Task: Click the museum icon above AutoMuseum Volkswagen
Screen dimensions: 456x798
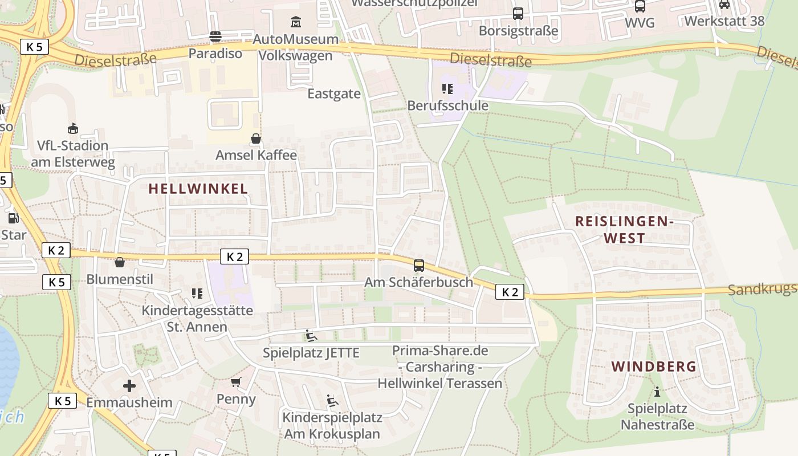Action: click(x=296, y=22)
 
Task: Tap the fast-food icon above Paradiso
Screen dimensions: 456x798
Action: click(x=215, y=36)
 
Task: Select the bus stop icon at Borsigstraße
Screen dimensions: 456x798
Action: click(x=518, y=14)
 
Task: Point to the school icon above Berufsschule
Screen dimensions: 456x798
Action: click(x=447, y=89)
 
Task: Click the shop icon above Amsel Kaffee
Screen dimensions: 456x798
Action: click(x=256, y=139)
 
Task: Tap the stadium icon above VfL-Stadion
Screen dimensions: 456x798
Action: click(x=72, y=129)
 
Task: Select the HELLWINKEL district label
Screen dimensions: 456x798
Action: click(x=198, y=189)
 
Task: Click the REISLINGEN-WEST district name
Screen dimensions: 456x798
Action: click(x=624, y=230)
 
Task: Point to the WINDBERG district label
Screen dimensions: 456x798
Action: click(x=654, y=367)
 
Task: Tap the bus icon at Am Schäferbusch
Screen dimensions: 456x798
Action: click(x=419, y=266)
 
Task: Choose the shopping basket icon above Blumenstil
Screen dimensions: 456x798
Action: click(x=120, y=262)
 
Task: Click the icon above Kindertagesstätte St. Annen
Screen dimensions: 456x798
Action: click(x=197, y=294)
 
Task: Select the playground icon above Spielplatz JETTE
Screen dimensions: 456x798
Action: click(x=311, y=336)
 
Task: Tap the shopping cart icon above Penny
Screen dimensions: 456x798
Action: click(x=236, y=382)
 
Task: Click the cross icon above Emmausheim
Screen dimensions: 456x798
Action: click(x=129, y=386)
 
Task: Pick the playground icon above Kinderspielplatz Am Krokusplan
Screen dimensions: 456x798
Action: click(x=332, y=401)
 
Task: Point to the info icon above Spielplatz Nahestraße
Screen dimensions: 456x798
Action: click(x=657, y=392)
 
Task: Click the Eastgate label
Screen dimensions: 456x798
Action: click(x=334, y=93)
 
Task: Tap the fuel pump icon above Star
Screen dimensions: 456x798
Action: click(x=13, y=218)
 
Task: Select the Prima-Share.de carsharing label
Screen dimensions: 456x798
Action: click(x=440, y=367)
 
